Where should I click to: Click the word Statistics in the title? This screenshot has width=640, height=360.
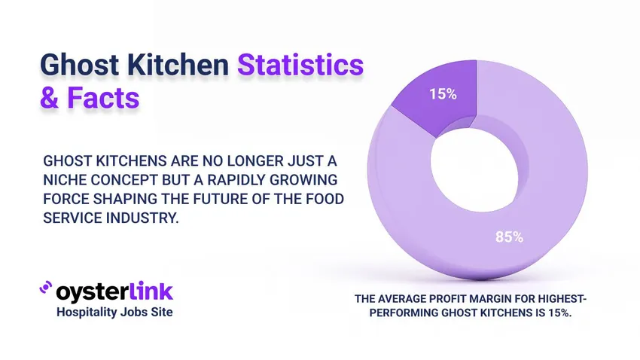coord(301,66)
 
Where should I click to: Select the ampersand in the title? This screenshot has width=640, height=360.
coord(49,99)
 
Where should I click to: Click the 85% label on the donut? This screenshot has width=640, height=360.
coord(509,236)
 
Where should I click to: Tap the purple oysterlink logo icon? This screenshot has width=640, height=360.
coord(46,289)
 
